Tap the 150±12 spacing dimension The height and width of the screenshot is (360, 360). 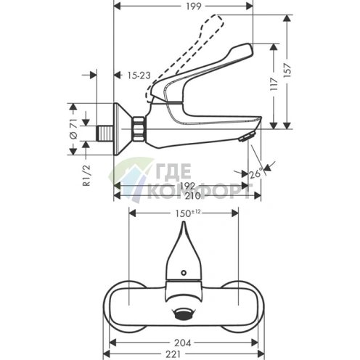(185, 213)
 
